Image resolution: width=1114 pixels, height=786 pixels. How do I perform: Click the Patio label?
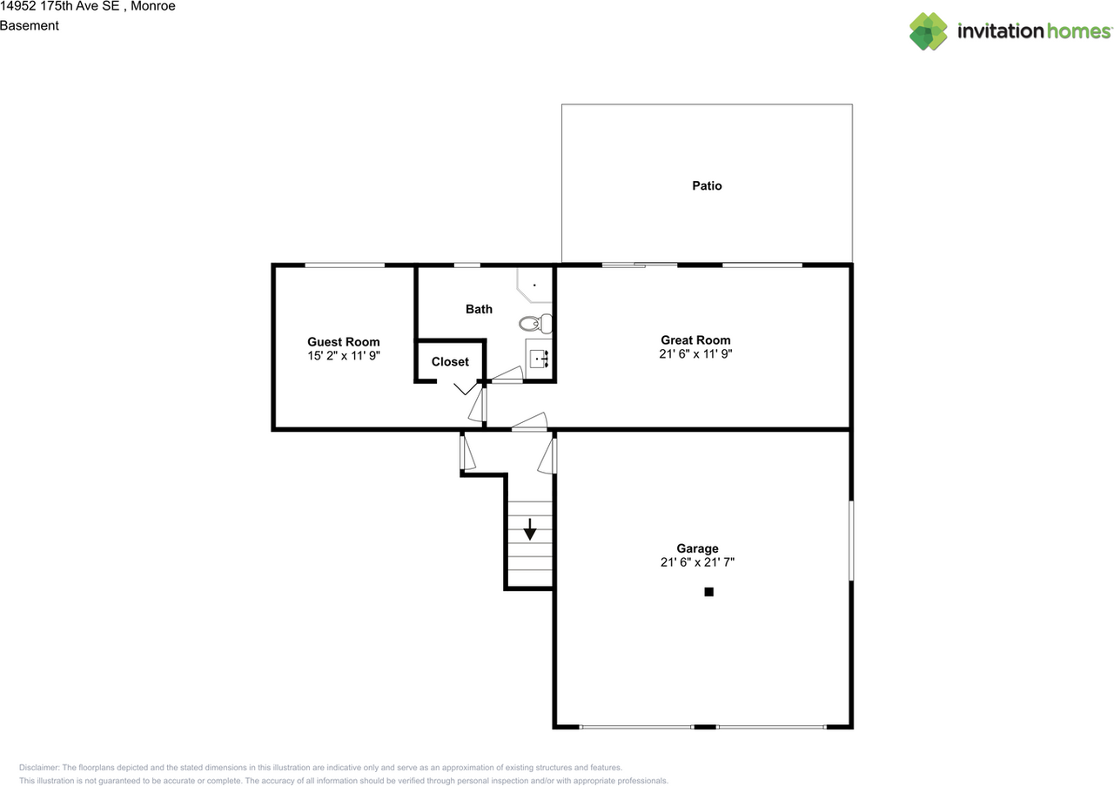coord(707,185)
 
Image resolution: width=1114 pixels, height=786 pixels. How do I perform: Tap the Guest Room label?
coord(344,342)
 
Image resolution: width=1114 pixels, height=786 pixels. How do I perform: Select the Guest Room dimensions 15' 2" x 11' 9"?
coord(344,356)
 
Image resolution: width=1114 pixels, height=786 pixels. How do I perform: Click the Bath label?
coord(479,309)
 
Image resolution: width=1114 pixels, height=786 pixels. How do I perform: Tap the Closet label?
coord(450,361)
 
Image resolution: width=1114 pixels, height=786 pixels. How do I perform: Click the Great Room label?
coord(695,340)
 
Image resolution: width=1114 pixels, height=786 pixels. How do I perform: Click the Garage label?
coord(697,548)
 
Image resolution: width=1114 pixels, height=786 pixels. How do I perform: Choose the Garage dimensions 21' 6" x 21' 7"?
coord(697,562)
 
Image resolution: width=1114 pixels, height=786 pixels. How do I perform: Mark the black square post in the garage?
coord(708,592)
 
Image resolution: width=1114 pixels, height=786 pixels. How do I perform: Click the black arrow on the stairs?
coord(529,529)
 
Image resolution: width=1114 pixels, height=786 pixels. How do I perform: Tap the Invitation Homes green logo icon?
coord(929,31)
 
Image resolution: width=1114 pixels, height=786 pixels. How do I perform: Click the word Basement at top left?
coord(30,25)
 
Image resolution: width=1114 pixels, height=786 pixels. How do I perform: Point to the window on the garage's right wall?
coord(851,540)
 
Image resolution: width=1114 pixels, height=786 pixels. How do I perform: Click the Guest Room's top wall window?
coord(345,265)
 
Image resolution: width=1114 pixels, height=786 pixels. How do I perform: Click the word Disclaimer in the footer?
coord(39,768)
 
